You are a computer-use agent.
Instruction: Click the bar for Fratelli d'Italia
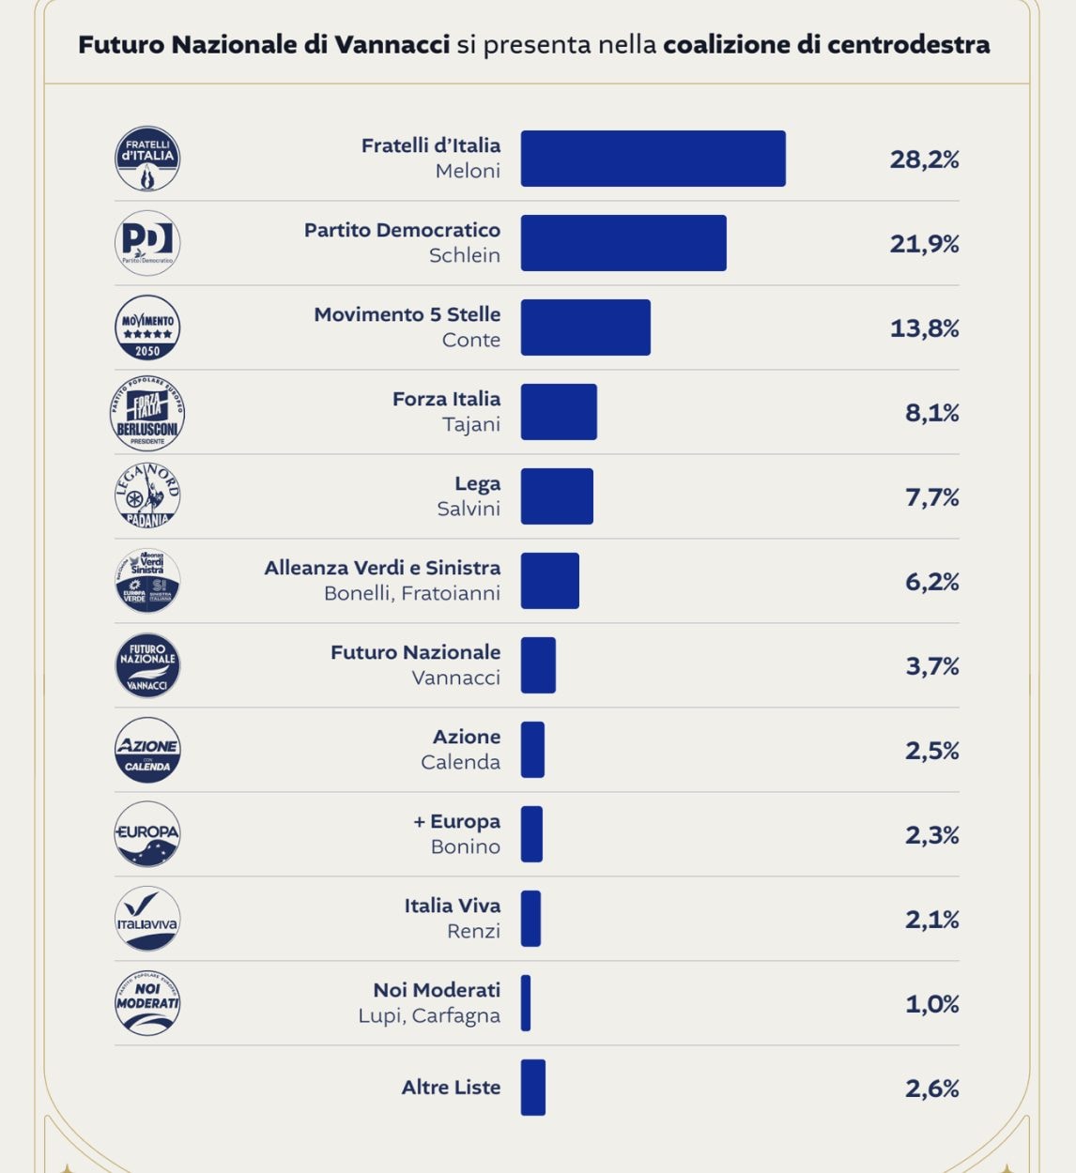pos(653,159)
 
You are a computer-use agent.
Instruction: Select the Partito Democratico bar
pos(623,243)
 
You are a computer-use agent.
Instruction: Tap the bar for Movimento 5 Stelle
pos(585,328)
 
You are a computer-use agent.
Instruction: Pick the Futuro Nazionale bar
pos(538,665)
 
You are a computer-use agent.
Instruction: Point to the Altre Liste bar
pos(533,1088)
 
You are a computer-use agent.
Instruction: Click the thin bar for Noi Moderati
pos(526,1003)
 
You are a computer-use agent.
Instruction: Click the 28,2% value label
pos(924,160)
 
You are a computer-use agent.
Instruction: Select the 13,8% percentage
pos(924,328)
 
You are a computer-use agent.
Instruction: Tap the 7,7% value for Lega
pos(931,497)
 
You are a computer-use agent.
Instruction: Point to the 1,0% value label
pos(931,1004)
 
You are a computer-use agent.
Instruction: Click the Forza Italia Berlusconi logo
pos(147,413)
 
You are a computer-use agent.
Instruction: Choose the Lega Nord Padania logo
pos(147,496)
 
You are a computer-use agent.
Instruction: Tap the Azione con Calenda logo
pos(147,750)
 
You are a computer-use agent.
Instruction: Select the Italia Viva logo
pos(147,919)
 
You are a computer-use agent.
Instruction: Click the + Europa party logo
pos(147,834)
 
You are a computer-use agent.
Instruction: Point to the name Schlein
pos(464,255)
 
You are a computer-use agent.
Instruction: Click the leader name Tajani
pos(470,424)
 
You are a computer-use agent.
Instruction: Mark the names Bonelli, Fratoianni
pos(411,593)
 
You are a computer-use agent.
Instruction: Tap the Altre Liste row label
pos(451,1088)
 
